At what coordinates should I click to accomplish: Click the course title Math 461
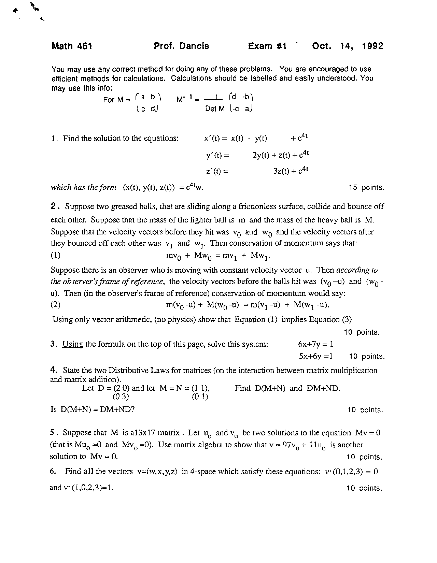(x=72, y=46)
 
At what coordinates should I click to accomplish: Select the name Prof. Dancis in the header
(x=181, y=46)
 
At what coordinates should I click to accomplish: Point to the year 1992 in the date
(x=373, y=46)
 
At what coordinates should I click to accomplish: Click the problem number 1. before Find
(x=55, y=139)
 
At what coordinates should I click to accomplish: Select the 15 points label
(x=366, y=188)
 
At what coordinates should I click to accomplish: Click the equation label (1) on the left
(x=56, y=255)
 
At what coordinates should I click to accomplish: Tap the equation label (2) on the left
(x=56, y=305)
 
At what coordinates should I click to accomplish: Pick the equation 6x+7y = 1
(x=315, y=344)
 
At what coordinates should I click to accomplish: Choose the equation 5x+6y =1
(x=315, y=357)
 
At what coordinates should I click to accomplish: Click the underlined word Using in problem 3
(x=72, y=344)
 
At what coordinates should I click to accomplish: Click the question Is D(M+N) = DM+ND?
(x=93, y=409)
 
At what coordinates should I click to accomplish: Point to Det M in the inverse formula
(x=215, y=109)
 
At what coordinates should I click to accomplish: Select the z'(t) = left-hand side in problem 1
(x=217, y=172)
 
